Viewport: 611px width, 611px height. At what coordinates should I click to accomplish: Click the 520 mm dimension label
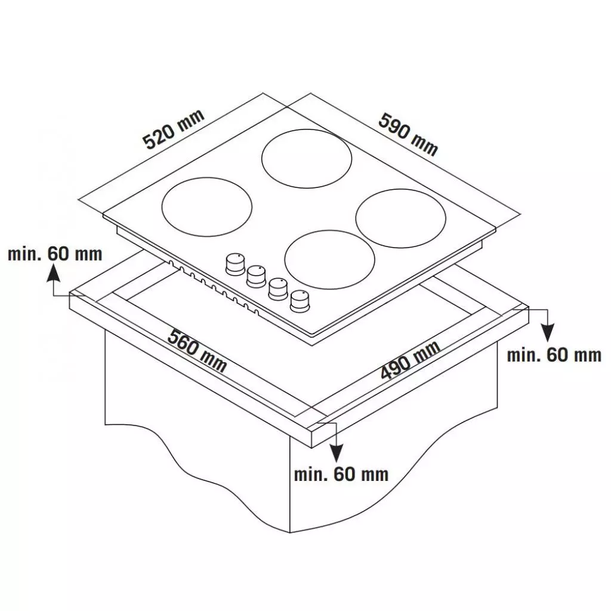point(173,129)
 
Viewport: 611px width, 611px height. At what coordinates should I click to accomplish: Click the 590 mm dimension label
point(408,134)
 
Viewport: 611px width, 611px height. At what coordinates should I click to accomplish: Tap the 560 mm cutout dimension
point(197,350)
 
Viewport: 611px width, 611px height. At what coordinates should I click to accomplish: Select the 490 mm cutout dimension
point(411,360)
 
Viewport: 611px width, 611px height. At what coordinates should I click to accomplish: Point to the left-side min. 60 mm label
point(55,254)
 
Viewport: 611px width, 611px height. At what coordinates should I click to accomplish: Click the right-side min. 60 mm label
point(554,355)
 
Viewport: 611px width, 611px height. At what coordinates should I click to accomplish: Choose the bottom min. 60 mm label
point(341,474)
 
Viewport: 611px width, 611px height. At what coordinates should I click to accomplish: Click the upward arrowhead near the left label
point(53,272)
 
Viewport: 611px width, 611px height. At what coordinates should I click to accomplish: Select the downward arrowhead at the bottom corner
point(337,453)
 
